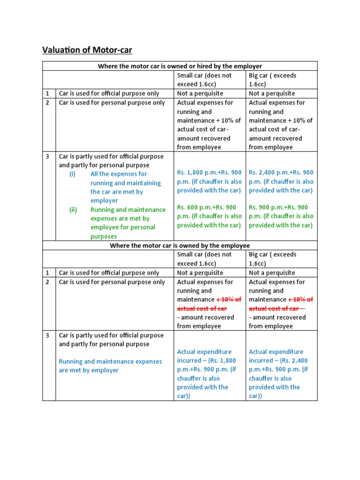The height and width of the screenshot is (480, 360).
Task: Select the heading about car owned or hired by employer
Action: point(180,66)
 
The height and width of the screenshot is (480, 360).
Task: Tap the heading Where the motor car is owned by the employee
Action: point(180,246)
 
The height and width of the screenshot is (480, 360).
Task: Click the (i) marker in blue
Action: point(73,174)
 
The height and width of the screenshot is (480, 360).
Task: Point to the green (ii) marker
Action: point(73,210)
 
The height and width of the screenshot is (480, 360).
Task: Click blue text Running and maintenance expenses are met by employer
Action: point(110,366)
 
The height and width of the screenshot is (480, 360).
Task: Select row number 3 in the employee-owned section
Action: point(48,336)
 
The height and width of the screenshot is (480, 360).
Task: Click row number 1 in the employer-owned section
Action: point(48,93)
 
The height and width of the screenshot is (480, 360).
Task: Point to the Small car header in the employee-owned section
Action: point(204,259)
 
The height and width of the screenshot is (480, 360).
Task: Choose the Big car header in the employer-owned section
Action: point(272,80)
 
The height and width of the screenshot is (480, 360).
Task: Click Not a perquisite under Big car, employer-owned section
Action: point(272,93)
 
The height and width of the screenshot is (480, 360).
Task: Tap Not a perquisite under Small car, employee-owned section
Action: point(200,273)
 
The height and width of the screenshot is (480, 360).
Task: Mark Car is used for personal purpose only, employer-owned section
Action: point(112,103)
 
